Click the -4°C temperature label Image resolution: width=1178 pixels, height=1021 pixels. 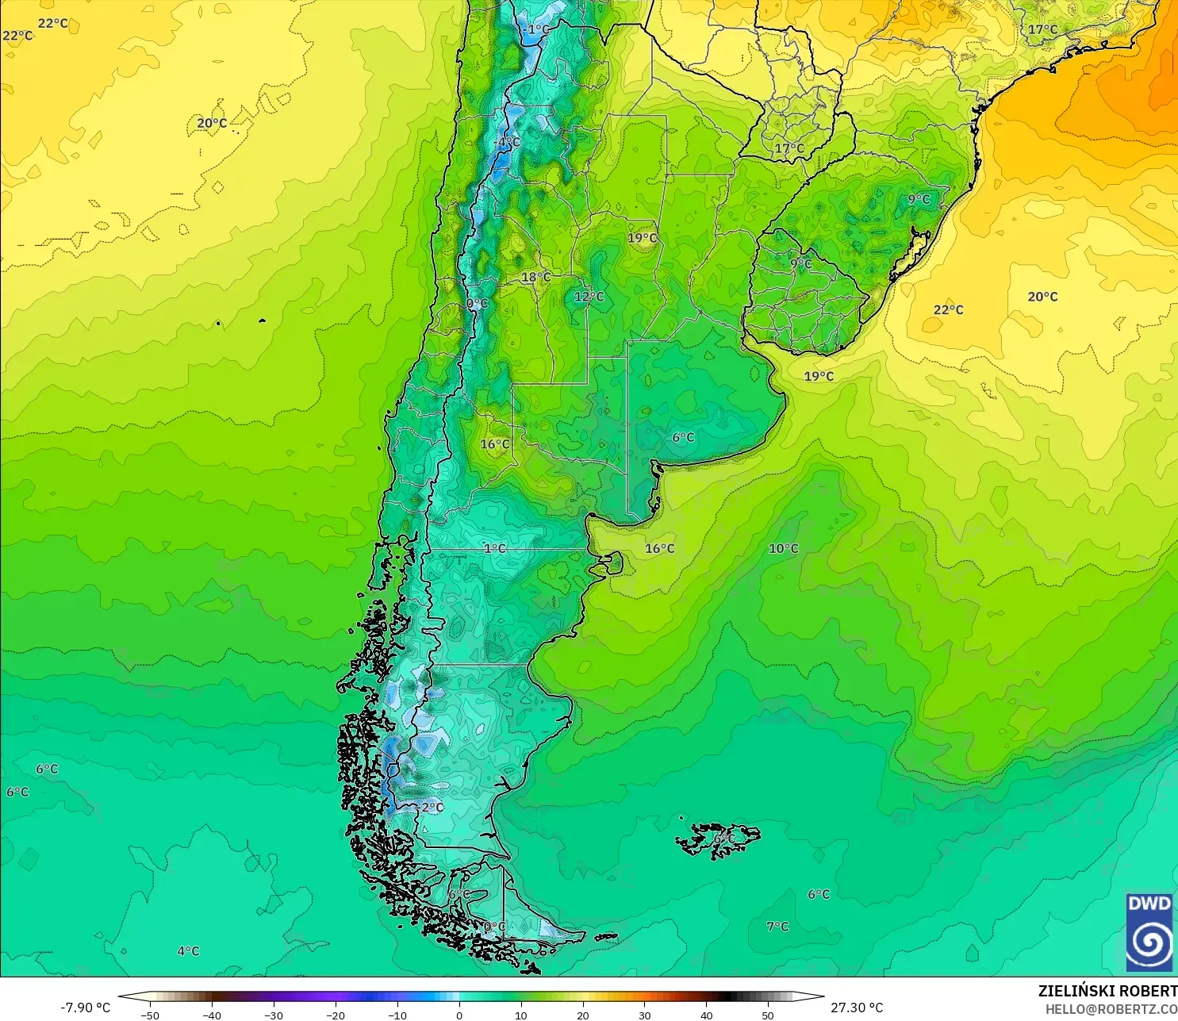[508, 143]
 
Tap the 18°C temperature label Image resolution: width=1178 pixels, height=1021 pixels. [535, 278]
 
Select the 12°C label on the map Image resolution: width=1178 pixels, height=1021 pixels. [589, 297]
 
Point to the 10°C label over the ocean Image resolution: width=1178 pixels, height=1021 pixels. [783, 549]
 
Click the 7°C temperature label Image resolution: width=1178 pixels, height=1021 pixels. [777, 927]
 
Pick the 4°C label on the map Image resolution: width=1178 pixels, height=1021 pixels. [188, 951]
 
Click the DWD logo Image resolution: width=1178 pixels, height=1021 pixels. [1149, 931]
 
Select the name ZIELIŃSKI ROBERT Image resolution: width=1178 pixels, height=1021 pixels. [1107, 992]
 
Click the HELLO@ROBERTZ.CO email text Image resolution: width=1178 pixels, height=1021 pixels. [1111, 1009]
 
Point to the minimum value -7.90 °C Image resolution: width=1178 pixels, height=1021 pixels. [86, 1008]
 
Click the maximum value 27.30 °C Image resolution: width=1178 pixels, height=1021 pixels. [857, 1008]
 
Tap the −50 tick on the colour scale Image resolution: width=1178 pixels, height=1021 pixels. [149, 1015]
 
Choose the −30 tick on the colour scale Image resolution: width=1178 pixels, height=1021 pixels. [273, 1015]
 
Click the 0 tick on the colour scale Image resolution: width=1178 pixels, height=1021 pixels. [459, 1015]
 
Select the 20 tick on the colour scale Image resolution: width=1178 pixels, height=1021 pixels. [583, 1015]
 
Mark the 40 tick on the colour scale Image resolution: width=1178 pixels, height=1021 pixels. [707, 1015]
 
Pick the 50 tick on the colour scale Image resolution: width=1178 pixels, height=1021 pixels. [768, 1015]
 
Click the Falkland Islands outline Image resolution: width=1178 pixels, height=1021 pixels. [718, 839]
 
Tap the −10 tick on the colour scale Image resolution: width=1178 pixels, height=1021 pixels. [397, 1015]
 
